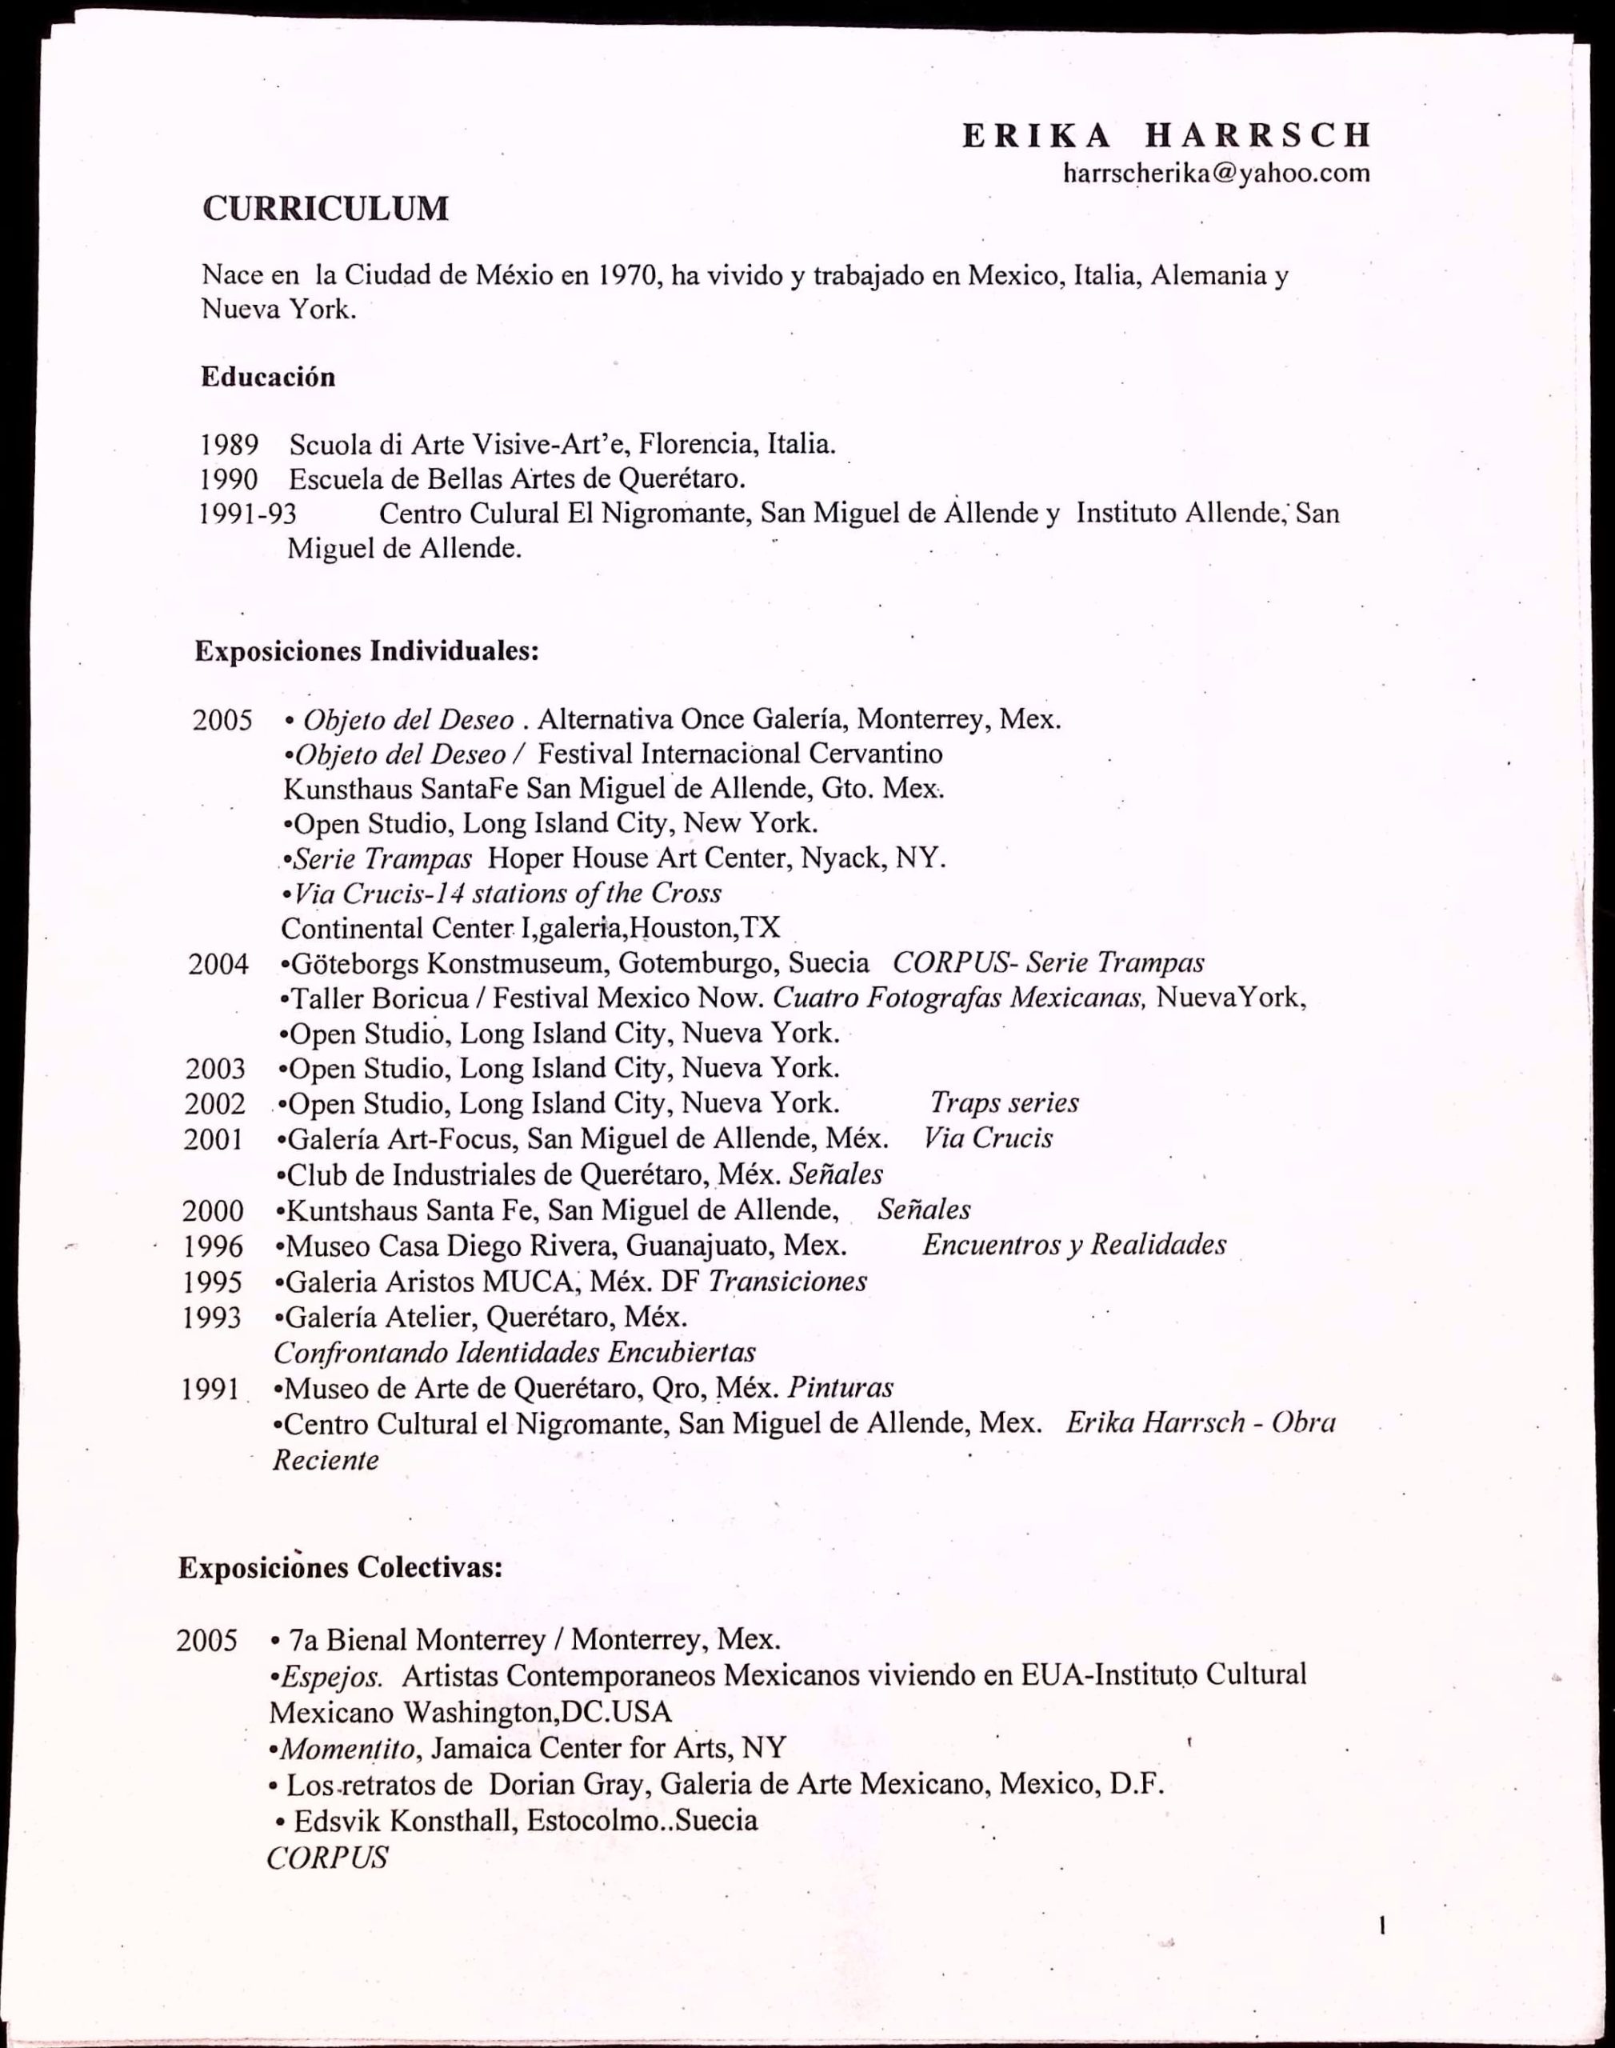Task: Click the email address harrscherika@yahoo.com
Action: pos(1216,173)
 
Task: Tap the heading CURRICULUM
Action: pos(326,208)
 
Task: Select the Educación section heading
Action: pos(268,378)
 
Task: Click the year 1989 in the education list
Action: pos(229,443)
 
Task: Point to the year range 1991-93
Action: pos(248,514)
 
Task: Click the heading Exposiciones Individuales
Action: pos(367,651)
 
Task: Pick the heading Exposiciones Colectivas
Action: pos(339,1568)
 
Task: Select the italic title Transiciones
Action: pos(788,1281)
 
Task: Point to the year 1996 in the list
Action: pos(213,1246)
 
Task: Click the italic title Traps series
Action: pos(1004,1102)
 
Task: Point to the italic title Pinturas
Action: pos(841,1387)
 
